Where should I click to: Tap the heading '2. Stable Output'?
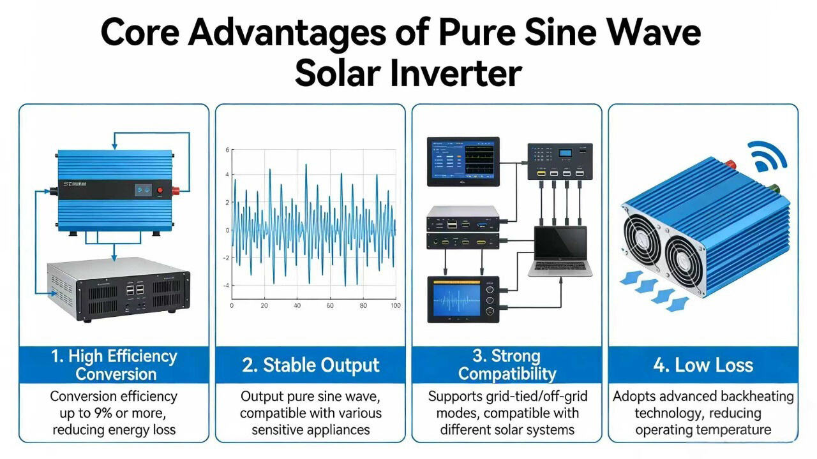(x=311, y=365)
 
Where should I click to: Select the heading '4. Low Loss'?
(x=703, y=365)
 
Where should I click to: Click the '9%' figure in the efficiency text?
(x=117, y=413)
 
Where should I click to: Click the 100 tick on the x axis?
(x=395, y=306)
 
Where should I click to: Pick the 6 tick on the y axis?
(x=227, y=150)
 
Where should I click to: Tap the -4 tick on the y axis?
(x=225, y=286)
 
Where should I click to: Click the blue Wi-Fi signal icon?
(x=770, y=157)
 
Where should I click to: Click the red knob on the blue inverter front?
(x=169, y=190)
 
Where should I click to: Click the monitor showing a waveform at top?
(x=463, y=161)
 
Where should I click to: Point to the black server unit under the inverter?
(x=119, y=288)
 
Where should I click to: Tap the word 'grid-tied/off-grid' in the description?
(x=534, y=397)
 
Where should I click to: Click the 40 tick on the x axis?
(x=297, y=306)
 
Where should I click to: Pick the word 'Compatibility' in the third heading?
(x=507, y=374)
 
